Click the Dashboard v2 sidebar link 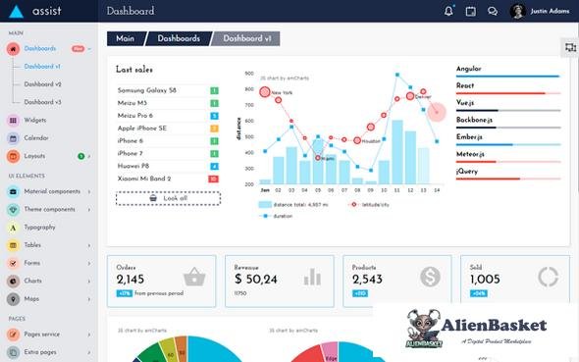tap(42, 84)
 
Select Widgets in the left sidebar tap(35, 120)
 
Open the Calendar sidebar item tap(35, 137)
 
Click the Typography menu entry tap(39, 227)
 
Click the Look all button tap(168, 198)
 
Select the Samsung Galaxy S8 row tap(146, 90)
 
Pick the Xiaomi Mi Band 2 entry tap(144, 179)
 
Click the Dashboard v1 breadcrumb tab tap(245, 39)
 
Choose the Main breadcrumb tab tap(126, 39)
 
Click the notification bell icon tap(448, 12)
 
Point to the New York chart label tap(282, 94)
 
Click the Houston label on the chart tap(371, 141)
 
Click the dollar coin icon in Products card tap(429, 277)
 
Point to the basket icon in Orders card tap(194, 277)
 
